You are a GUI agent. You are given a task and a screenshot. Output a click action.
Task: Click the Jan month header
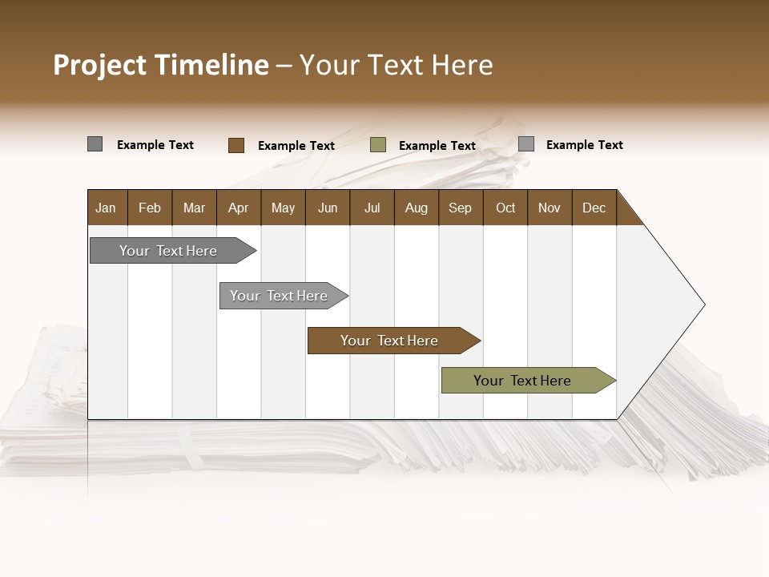point(106,208)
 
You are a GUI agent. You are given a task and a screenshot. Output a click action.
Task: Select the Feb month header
point(150,208)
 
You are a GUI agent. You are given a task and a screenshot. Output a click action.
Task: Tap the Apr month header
point(239,208)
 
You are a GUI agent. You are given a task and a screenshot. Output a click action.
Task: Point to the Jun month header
point(328,208)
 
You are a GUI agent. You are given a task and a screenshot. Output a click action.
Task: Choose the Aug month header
point(417,208)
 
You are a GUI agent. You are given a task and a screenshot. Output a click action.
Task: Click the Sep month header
point(461,208)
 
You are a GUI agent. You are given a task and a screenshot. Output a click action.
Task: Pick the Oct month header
point(505,208)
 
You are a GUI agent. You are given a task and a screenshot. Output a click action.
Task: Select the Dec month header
point(594,208)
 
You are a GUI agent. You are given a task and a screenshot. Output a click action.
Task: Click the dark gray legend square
point(95,144)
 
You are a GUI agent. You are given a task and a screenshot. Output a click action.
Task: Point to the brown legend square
point(236,145)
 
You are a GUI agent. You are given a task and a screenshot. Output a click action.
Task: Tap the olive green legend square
point(378,145)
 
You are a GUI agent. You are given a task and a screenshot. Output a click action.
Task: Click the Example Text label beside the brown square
point(296,146)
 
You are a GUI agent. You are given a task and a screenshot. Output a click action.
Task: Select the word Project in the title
point(100,65)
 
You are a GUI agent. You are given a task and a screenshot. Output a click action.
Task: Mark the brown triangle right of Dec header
point(626,214)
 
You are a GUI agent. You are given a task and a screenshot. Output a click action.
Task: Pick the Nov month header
point(550,208)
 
